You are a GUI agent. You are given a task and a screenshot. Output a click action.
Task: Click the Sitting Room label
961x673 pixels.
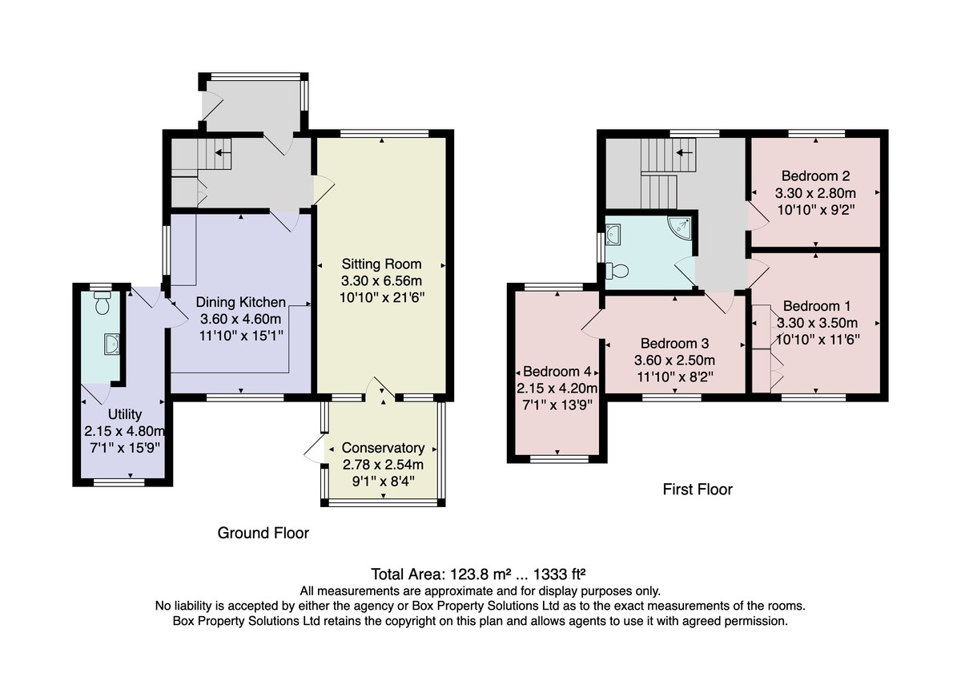(381, 264)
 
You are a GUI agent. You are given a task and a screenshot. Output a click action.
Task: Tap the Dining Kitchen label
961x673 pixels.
(241, 302)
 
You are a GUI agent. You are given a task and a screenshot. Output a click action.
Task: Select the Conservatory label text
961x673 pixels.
(383, 448)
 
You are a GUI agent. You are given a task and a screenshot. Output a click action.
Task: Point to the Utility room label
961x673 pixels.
(125, 414)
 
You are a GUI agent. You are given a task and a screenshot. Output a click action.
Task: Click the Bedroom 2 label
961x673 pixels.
(815, 176)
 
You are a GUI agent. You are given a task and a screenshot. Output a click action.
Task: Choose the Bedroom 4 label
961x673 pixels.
(557, 371)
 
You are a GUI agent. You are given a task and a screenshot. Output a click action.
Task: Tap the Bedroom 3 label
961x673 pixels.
(675, 344)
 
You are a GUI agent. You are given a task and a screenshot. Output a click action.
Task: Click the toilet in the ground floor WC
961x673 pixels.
(103, 303)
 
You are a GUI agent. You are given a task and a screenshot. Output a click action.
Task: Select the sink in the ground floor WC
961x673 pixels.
(111, 344)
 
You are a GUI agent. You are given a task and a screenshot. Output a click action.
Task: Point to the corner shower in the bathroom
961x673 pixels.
(682, 226)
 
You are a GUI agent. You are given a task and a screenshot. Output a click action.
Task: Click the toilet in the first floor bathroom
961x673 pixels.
(617, 271)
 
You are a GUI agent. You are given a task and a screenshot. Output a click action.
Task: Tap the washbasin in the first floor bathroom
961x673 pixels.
(613, 234)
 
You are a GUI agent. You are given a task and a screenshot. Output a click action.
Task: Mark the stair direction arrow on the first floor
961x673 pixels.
(684, 152)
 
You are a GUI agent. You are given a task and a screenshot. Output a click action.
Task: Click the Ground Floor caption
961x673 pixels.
(263, 533)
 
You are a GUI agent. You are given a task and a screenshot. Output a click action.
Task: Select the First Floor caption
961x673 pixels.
(698, 490)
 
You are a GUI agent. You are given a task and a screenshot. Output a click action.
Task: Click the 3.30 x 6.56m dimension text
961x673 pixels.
(381, 280)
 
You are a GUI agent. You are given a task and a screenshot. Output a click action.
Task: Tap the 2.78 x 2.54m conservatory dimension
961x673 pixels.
(383, 465)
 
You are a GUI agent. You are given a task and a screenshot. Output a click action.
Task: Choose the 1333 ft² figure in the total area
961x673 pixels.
(559, 574)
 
